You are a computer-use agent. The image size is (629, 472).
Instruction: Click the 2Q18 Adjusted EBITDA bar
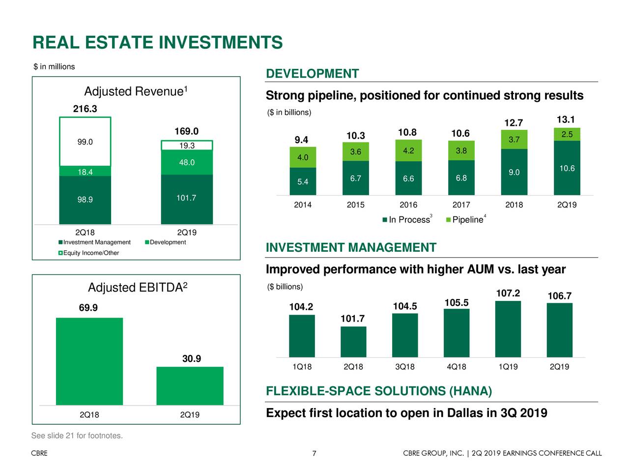pyautogui.click(x=89, y=361)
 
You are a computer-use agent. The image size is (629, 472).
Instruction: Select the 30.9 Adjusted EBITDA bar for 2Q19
pyautogui.click(x=190, y=386)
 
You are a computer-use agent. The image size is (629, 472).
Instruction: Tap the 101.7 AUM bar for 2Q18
pyautogui.click(x=353, y=342)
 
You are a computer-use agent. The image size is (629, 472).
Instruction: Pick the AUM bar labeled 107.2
pyautogui.click(x=508, y=329)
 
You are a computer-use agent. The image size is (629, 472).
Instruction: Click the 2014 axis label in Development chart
pyautogui.click(x=303, y=205)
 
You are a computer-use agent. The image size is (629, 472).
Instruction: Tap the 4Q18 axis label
pyautogui.click(x=457, y=367)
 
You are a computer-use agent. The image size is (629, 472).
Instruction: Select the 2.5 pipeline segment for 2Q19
pyautogui.click(x=567, y=134)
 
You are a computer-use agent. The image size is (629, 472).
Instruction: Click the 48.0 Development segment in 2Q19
pyautogui.click(x=187, y=163)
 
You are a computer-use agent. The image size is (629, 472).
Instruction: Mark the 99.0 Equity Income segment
pyautogui.click(x=85, y=142)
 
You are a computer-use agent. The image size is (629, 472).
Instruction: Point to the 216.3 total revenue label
pyautogui.click(x=85, y=109)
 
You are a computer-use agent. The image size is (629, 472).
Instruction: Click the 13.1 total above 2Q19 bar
pyautogui.click(x=566, y=119)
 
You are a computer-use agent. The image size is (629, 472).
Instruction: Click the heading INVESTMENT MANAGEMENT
pyautogui.click(x=351, y=248)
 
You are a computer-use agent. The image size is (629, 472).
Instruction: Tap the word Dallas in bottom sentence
pyautogui.click(x=465, y=413)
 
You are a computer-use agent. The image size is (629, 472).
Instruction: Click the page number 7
pyautogui.click(x=314, y=453)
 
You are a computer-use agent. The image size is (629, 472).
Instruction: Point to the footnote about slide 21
pyautogui.click(x=77, y=436)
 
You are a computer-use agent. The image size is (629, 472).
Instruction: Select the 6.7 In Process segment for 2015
pyautogui.click(x=356, y=178)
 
